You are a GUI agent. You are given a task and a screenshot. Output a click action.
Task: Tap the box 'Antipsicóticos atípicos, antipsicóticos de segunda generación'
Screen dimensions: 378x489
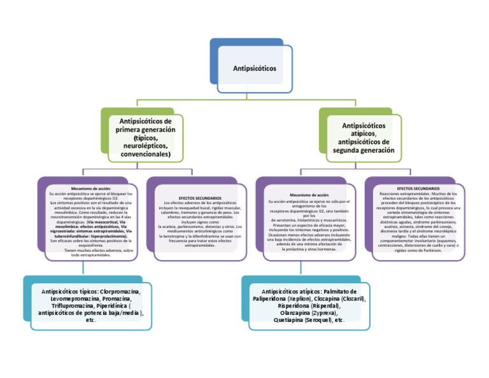(364, 137)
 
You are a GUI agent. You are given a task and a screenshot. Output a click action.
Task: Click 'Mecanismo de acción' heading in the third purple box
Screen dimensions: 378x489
(309, 195)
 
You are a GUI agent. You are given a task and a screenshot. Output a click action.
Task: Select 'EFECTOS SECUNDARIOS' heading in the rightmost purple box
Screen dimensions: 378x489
(418, 188)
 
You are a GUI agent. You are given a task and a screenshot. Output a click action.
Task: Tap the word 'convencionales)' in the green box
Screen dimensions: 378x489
(144, 153)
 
